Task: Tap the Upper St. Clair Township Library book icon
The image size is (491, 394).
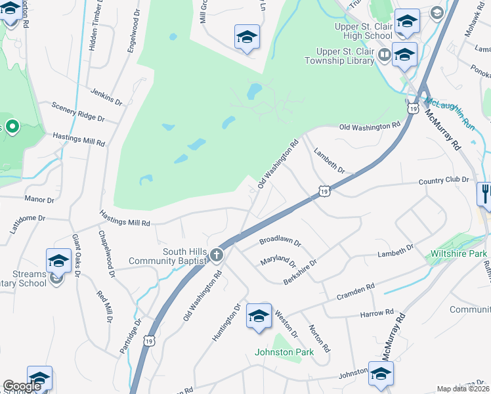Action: [x=383, y=54]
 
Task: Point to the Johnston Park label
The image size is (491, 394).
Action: [x=284, y=352]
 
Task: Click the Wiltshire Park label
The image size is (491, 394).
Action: [x=459, y=253]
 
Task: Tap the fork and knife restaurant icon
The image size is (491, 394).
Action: [x=484, y=194]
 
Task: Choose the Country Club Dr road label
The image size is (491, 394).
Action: [x=444, y=179]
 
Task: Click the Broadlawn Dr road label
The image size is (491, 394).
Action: [x=280, y=242]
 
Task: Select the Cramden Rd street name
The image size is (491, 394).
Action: [x=356, y=288]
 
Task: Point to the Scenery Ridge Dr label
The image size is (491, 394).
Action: [x=77, y=112]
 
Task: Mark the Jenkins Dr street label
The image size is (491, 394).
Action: [x=106, y=97]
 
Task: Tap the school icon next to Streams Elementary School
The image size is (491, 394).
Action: [x=58, y=261]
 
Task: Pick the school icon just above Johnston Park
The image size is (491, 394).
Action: [x=259, y=316]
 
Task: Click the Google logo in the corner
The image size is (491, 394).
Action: [x=22, y=386]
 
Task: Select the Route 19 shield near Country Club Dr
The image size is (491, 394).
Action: [x=324, y=191]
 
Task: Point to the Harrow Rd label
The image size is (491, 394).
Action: [x=376, y=314]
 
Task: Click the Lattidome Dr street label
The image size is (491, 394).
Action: [x=27, y=217]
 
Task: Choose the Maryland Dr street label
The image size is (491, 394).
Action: [x=278, y=260]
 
